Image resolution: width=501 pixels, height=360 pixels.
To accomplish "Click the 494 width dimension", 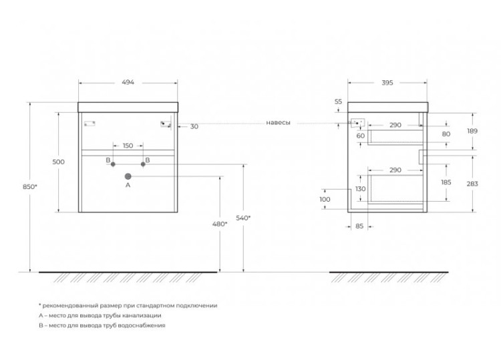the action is [x=128, y=82].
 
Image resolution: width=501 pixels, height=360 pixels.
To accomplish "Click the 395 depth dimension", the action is [x=387, y=83].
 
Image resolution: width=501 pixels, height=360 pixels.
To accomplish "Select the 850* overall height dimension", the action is [x=29, y=187].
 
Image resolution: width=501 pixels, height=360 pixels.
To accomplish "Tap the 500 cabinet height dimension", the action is [x=59, y=162].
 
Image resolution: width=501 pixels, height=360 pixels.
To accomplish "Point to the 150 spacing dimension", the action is [x=128, y=146].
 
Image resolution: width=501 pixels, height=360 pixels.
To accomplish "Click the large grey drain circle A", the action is [x=128, y=176].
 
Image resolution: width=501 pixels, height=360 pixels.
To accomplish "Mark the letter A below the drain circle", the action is [x=128, y=185].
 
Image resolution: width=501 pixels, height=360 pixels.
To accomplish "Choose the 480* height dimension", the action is [x=220, y=224].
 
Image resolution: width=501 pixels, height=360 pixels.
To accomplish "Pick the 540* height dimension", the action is [x=243, y=218].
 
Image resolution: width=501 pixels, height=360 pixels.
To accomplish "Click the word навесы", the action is [x=279, y=123].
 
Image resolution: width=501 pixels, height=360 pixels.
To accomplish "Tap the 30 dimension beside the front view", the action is [x=194, y=126].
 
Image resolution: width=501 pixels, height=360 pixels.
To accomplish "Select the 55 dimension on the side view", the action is [x=338, y=102].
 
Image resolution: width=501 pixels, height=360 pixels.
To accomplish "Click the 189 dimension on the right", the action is [x=472, y=131].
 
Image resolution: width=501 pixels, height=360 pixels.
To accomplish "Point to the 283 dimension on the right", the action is [x=472, y=184].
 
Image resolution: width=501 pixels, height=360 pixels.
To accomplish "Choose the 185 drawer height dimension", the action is [x=446, y=182].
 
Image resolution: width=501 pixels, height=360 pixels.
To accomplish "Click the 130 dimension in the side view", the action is [x=361, y=189].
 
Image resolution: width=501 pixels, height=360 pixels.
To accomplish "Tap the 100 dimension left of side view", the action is [x=325, y=199].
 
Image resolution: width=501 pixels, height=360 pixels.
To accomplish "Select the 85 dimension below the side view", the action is [x=359, y=226].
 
